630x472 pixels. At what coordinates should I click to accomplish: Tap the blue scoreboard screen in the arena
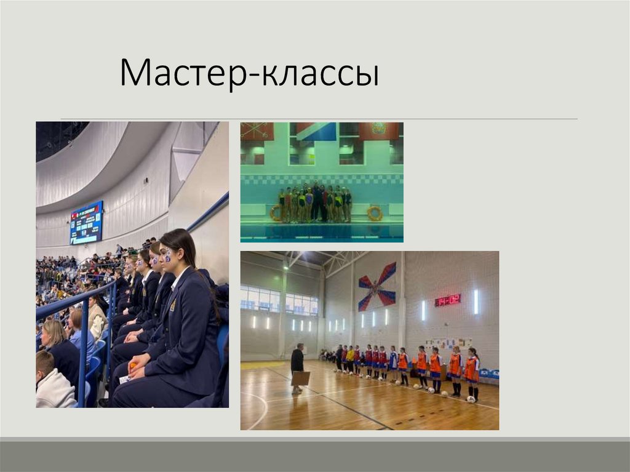click(86, 222)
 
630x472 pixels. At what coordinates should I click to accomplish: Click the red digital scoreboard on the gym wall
click(447, 300)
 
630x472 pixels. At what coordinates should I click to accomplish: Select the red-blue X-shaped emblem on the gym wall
click(377, 286)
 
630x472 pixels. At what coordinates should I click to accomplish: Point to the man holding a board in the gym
click(298, 367)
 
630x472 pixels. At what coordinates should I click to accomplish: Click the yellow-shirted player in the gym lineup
click(350, 358)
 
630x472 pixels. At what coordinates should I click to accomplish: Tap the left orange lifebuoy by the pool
click(275, 213)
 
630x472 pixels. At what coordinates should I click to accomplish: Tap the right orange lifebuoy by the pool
click(375, 213)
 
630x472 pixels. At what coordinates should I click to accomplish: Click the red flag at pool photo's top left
click(257, 130)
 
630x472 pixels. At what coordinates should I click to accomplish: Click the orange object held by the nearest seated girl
click(132, 366)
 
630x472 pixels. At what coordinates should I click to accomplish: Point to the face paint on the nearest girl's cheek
click(167, 255)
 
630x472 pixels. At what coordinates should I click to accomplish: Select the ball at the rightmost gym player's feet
click(471, 399)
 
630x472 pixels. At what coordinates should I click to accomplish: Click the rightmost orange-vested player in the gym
click(471, 372)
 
